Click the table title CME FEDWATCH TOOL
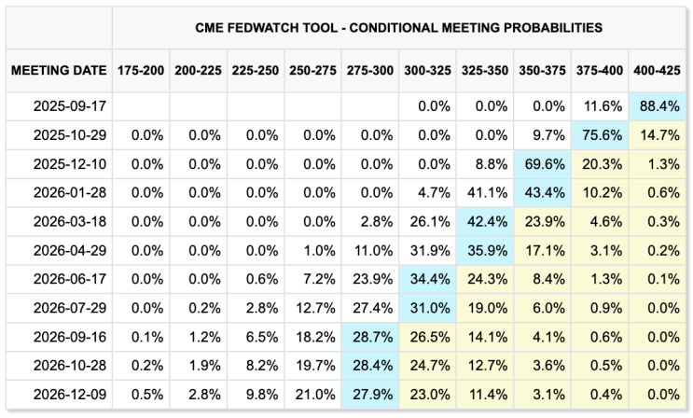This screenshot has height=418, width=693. [x=267, y=28]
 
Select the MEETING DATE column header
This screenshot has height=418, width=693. [x=59, y=70]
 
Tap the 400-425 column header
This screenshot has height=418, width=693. [x=657, y=70]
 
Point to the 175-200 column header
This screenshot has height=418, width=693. [x=141, y=70]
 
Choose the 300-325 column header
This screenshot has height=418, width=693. [x=427, y=70]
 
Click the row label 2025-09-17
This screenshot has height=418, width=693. [x=70, y=106]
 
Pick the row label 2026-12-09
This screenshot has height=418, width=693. [x=70, y=394]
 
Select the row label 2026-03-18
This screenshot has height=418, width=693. [x=70, y=221]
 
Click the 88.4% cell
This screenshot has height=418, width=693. [x=658, y=106]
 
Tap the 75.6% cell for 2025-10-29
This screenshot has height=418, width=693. [x=600, y=135]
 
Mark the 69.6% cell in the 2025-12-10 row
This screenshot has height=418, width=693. [x=542, y=164]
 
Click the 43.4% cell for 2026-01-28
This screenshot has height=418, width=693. [x=542, y=193]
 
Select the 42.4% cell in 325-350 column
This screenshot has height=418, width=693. [x=485, y=221]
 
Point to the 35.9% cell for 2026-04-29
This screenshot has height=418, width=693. [x=485, y=250]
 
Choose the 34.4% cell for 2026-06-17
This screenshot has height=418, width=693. [x=427, y=279]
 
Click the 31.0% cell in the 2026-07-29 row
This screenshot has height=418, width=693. [x=427, y=308]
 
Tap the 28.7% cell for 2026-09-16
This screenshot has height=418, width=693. [x=370, y=337]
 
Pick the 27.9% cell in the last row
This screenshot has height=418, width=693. [x=370, y=394]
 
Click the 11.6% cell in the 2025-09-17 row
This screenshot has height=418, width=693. [x=600, y=106]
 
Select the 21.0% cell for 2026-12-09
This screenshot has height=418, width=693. [x=312, y=394]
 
